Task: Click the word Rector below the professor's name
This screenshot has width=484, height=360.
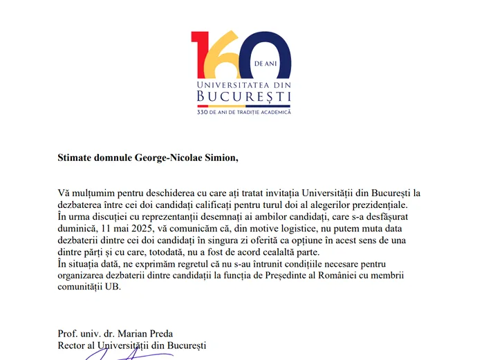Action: pos(73,345)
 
